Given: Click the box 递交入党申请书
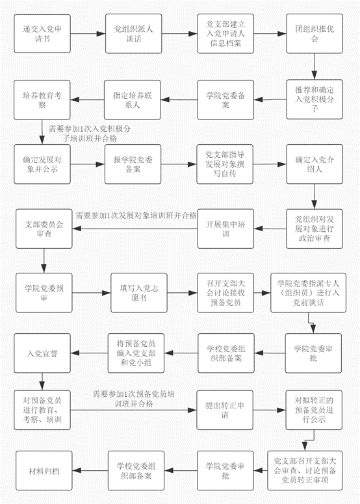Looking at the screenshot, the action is point(42,34).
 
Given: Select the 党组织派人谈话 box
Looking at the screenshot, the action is point(133,34).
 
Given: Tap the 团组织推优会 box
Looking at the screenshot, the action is point(315,34).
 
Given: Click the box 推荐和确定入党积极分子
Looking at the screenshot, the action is point(315,99).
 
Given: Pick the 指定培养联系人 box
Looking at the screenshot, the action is point(132,99).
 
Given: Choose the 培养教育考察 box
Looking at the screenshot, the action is point(42,99).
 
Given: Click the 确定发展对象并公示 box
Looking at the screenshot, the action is point(42,164).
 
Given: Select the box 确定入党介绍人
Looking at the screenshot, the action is point(315,164).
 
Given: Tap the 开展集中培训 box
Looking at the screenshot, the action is point(225,229).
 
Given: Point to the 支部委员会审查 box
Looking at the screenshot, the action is point(44,229).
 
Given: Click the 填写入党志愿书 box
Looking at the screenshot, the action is point(139,293).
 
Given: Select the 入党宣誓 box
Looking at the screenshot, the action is point(42,353).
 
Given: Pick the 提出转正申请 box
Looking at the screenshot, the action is point(225,410).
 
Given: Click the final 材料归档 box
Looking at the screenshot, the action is point(44,471).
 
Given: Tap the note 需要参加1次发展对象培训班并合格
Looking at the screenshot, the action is point(136,216).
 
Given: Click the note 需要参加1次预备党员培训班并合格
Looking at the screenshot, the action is point(134,399).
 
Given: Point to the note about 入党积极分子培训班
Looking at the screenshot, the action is point(90,134).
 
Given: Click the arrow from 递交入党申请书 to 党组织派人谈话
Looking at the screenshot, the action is point(88,34).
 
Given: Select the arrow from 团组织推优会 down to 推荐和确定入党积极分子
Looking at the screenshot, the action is point(315,66).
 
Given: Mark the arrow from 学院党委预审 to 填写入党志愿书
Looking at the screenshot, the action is point(92,293).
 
